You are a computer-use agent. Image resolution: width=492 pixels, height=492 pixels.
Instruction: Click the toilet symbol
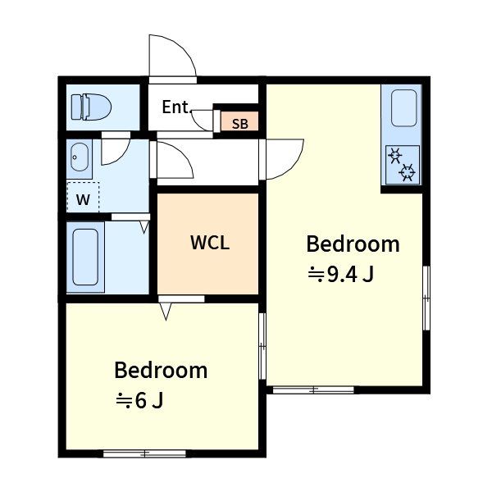91,107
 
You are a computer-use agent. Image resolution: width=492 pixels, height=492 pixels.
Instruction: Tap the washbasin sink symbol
80,157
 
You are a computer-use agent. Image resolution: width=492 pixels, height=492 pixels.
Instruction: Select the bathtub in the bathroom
85,257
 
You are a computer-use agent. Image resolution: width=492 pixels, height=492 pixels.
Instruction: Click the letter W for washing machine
83,199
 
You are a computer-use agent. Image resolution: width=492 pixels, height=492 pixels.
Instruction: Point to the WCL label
210,243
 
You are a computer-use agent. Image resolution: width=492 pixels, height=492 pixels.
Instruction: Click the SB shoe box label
240,124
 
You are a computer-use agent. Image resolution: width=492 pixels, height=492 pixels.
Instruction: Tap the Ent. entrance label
176,107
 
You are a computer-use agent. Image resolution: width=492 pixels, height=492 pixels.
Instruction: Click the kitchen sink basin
403,108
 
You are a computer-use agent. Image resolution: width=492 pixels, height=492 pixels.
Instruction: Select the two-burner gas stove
403,165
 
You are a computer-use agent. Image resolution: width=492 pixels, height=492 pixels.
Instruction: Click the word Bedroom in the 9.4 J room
353,244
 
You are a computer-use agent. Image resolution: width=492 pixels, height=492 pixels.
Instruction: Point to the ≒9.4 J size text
341,275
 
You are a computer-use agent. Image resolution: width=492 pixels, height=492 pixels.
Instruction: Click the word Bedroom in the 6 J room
161,371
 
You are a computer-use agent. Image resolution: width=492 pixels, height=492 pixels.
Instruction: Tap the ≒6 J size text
139,401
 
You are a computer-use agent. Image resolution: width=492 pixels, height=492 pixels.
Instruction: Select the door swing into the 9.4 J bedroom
294,166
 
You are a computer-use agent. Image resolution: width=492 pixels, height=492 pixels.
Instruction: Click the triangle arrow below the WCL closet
166,311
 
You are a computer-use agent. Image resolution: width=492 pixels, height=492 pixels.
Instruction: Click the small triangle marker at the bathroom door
144,226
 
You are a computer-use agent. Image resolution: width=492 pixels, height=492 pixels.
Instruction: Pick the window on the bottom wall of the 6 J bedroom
144,453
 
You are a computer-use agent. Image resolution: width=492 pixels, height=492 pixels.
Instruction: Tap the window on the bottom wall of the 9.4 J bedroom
313,389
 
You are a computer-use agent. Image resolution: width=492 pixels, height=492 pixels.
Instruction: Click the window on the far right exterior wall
426,298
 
